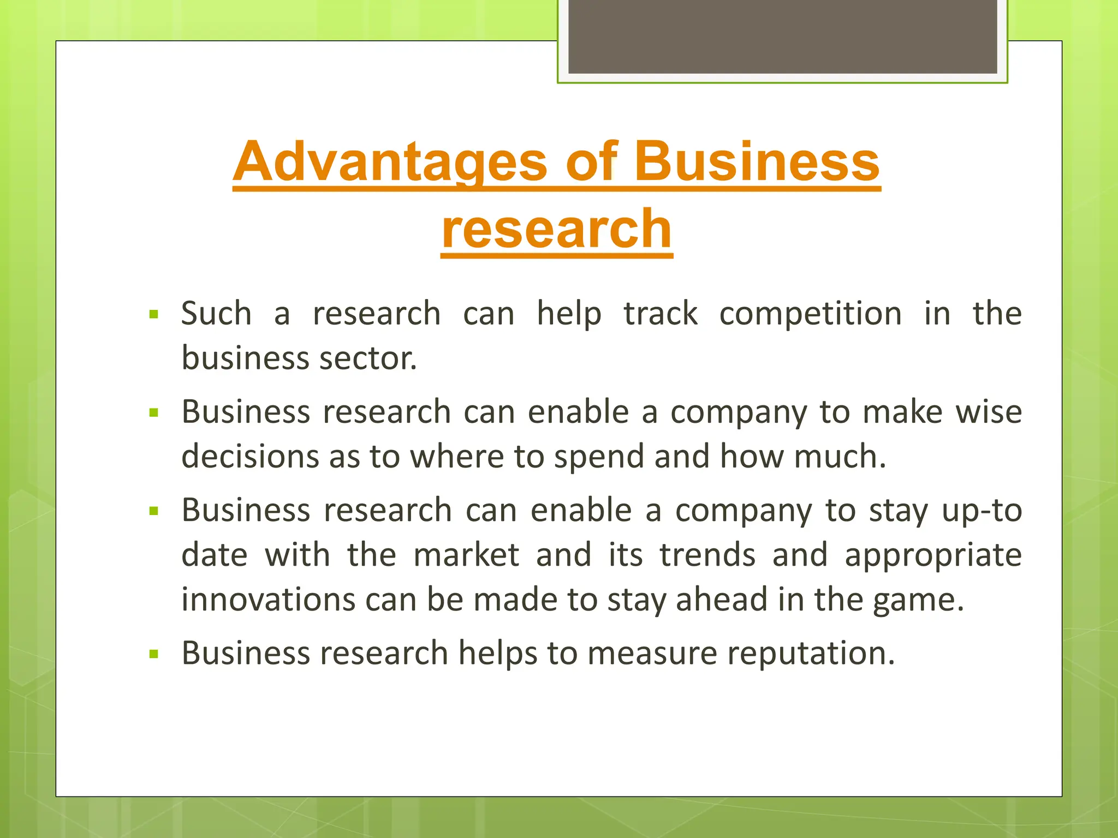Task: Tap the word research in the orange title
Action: point(557,229)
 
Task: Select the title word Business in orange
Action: point(757,162)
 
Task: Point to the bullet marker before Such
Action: point(153,315)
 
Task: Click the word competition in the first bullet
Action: point(810,314)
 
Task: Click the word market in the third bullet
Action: point(466,555)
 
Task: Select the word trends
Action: point(707,555)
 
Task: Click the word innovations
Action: point(268,600)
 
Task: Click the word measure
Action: point(652,653)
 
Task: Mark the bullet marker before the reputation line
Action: point(153,654)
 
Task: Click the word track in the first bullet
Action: point(661,314)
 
